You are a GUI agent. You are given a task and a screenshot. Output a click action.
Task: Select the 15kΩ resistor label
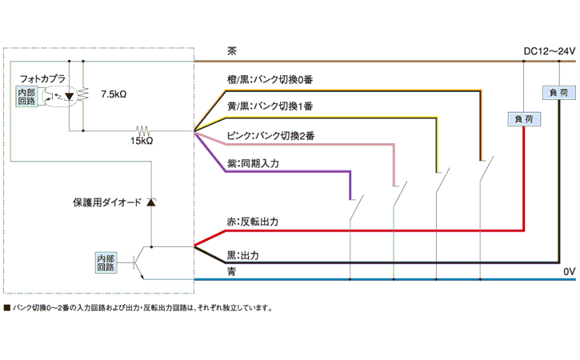[x=142, y=142]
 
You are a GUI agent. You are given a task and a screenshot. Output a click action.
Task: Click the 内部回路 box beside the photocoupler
[x=26, y=96]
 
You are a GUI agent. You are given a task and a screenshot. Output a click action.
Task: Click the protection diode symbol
[x=150, y=203]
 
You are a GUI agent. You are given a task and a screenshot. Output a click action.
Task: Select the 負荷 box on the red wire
[x=523, y=119]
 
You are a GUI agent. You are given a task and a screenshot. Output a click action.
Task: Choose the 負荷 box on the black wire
[x=557, y=93]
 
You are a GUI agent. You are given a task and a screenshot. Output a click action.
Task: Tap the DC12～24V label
[x=549, y=51]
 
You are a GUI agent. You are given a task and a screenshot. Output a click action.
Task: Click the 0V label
[x=569, y=272]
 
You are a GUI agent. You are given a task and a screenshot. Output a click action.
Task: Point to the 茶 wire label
[x=232, y=51]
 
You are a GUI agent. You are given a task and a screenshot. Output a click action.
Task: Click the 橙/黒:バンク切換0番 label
[x=270, y=82]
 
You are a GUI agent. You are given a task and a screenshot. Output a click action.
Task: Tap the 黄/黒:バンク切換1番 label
[x=270, y=106]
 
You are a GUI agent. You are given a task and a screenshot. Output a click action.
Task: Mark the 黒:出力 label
[x=243, y=256]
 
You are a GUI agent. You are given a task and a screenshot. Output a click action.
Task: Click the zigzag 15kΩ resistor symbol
[x=142, y=130]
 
